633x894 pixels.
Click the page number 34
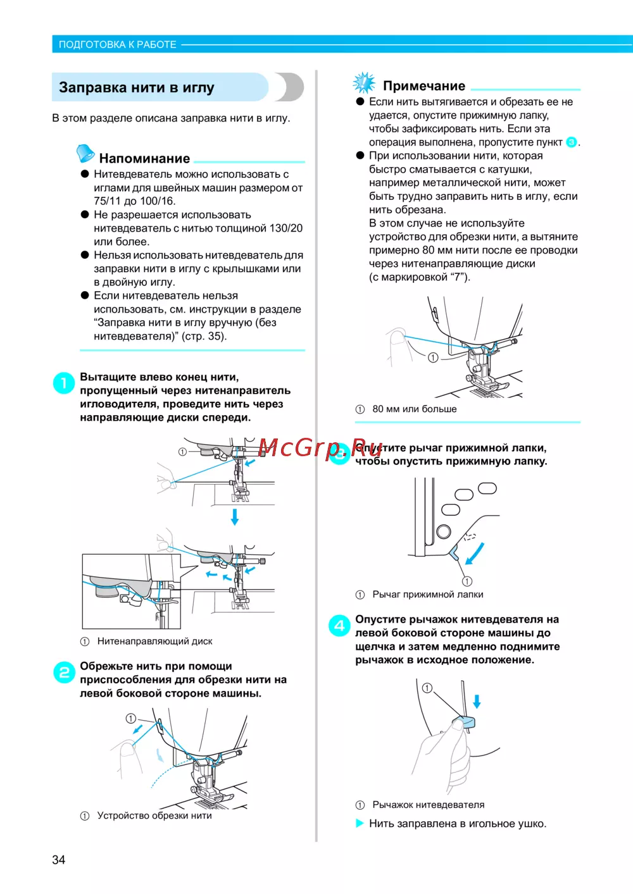click(x=58, y=859)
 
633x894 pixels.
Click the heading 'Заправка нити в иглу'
click(x=136, y=87)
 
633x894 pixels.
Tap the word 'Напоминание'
click(x=144, y=158)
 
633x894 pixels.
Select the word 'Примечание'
click(x=424, y=86)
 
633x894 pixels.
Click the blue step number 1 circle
click(x=64, y=383)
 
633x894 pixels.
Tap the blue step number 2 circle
click(x=64, y=672)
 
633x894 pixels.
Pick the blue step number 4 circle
click(x=339, y=625)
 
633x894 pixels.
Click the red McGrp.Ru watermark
click(x=320, y=447)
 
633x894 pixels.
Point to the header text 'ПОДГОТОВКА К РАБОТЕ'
click(x=118, y=44)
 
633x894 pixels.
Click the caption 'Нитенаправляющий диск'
click(x=154, y=641)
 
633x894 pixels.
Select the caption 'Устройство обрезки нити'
click(x=154, y=816)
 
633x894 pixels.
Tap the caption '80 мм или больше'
click(x=414, y=409)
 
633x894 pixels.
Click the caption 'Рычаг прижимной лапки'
click(x=427, y=594)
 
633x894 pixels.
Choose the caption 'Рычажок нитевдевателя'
click(x=428, y=805)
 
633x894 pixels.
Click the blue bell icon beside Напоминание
click(x=85, y=153)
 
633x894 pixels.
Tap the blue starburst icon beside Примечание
click(x=364, y=83)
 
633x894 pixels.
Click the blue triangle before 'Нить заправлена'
click(x=360, y=823)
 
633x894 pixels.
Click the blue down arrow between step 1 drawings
click(x=235, y=516)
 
